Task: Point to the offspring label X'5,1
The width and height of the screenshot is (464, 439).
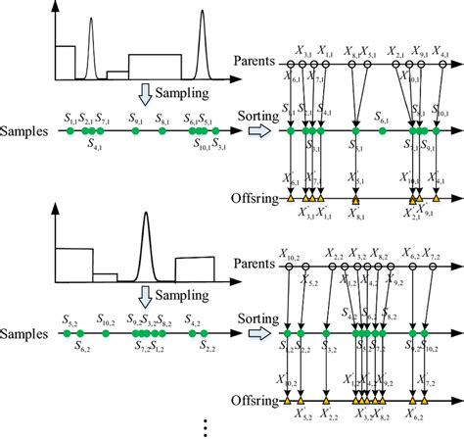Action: [x=355, y=180]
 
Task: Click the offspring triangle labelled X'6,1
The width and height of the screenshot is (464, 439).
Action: [x=291, y=199]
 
